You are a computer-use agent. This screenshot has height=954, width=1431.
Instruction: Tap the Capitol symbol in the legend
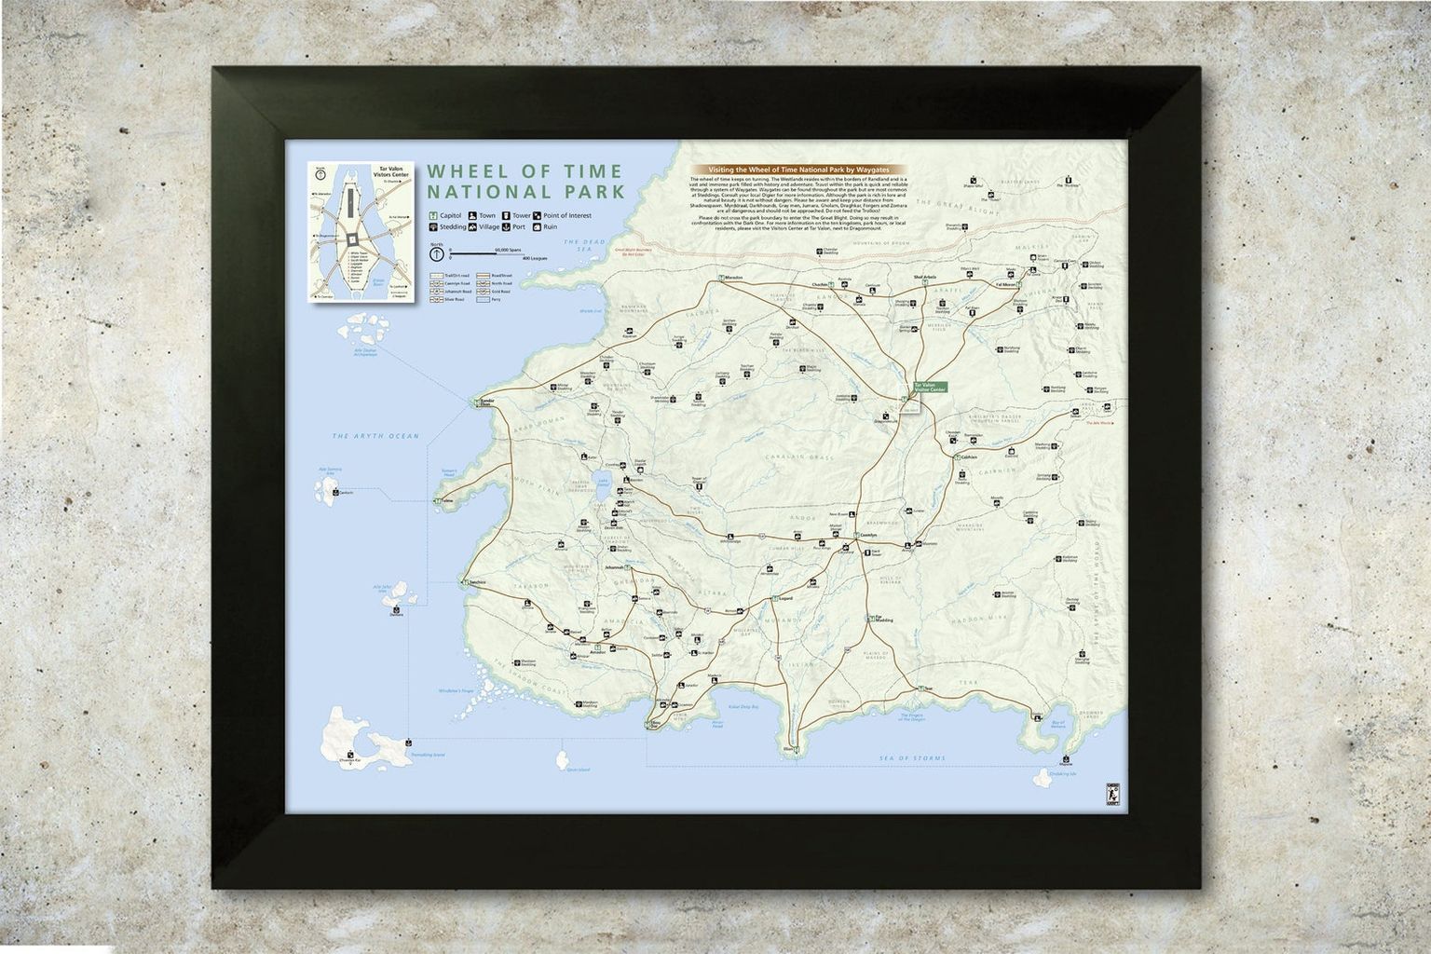(x=434, y=216)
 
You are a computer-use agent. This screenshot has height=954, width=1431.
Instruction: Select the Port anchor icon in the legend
(x=505, y=226)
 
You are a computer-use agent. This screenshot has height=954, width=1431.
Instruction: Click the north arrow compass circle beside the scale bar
(x=436, y=252)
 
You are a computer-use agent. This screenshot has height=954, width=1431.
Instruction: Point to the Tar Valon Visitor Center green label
(x=930, y=387)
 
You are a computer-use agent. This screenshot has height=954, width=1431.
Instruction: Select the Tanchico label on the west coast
(x=478, y=581)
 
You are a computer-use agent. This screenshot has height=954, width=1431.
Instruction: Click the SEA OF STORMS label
(x=914, y=758)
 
